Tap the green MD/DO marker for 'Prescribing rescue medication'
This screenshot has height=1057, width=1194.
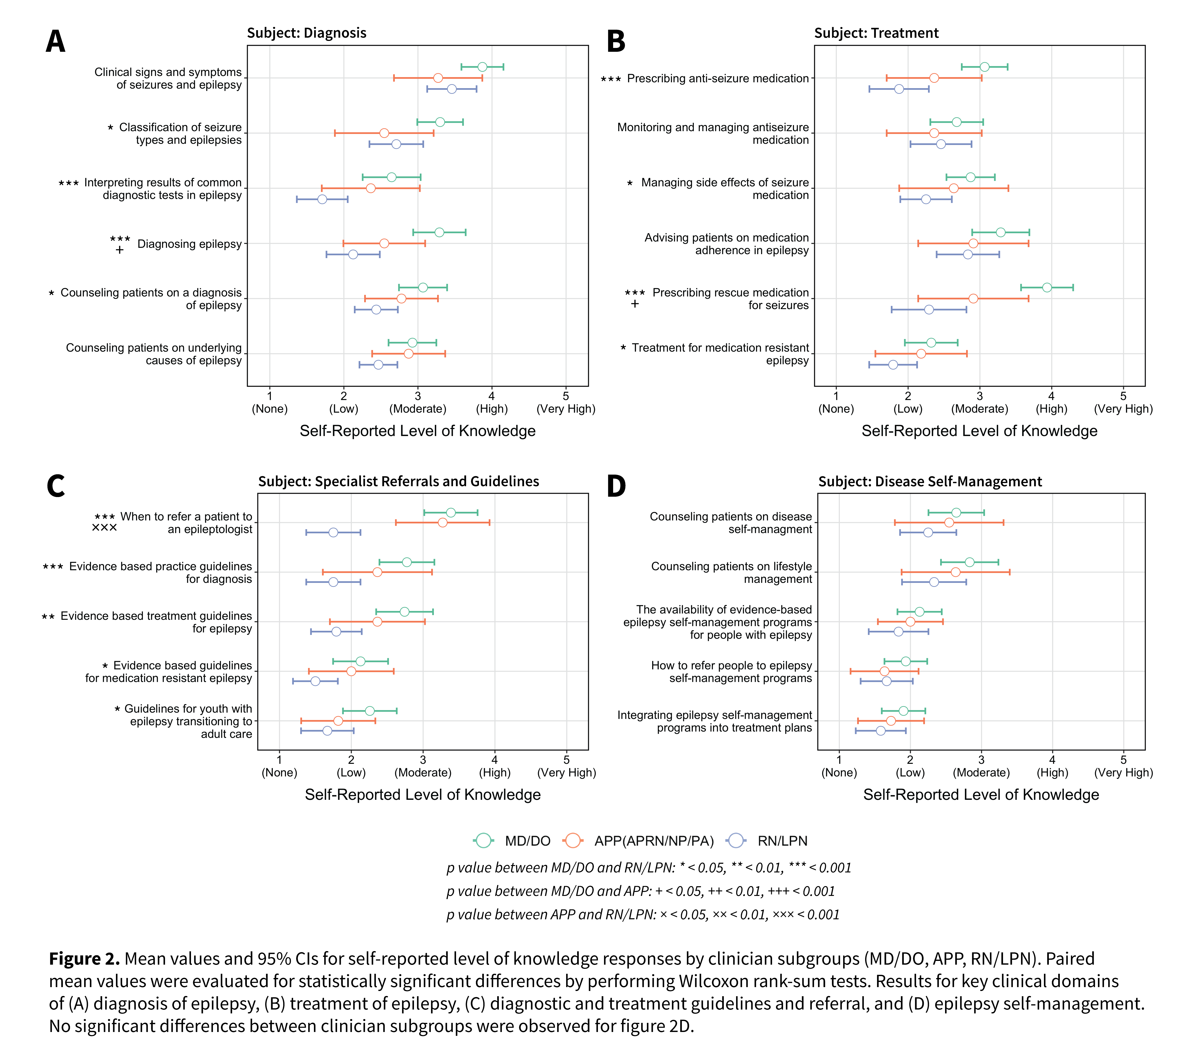[1047, 288]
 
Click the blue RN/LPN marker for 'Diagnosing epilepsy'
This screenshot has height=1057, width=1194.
[353, 254]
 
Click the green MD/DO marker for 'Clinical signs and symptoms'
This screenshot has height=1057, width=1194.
[482, 67]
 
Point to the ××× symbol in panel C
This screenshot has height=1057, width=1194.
[104, 528]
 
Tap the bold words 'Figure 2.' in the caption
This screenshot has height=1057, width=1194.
[84, 959]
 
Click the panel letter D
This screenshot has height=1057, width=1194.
[616, 486]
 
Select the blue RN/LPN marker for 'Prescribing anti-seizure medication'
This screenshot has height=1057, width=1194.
[899, 89]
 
